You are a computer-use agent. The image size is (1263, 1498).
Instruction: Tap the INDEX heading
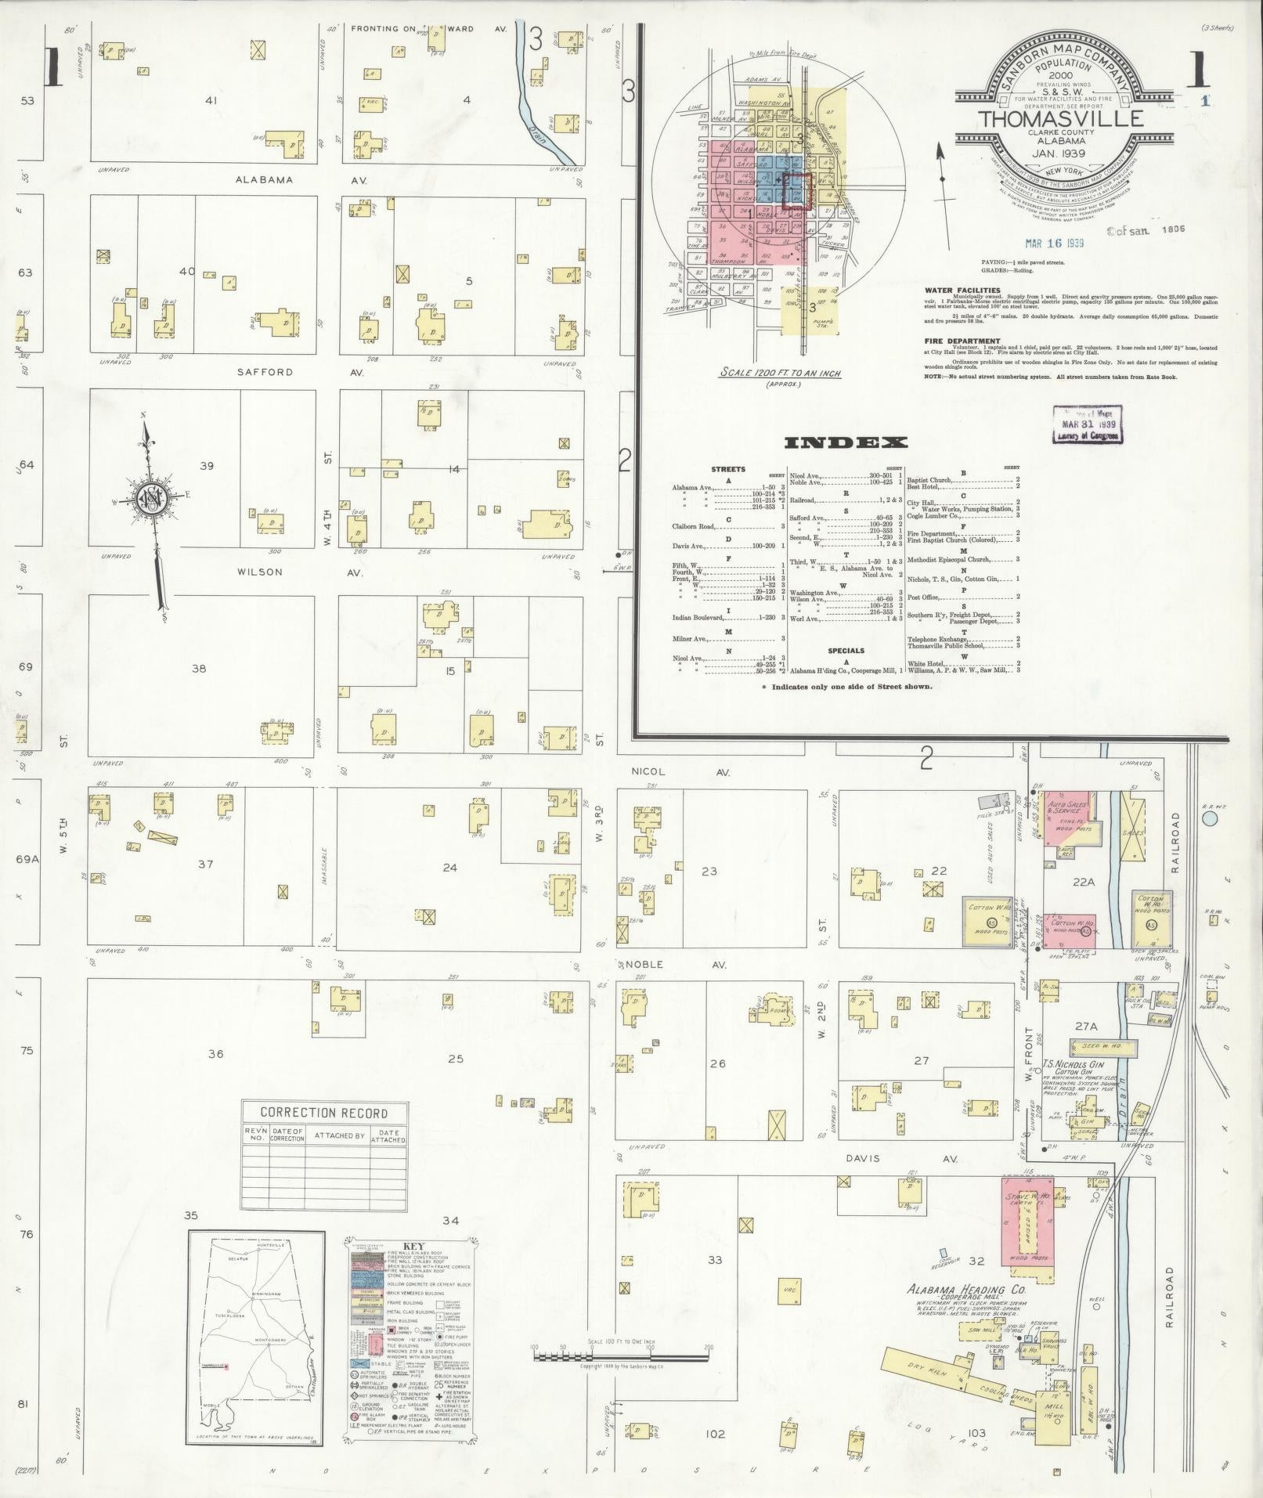tap(846, 443)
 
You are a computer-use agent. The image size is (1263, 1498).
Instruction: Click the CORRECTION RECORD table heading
tap(323, 1113)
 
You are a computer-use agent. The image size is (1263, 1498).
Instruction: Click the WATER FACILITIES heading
tap(962, 290)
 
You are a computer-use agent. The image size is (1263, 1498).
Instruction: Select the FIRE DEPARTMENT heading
tap(962, 341)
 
